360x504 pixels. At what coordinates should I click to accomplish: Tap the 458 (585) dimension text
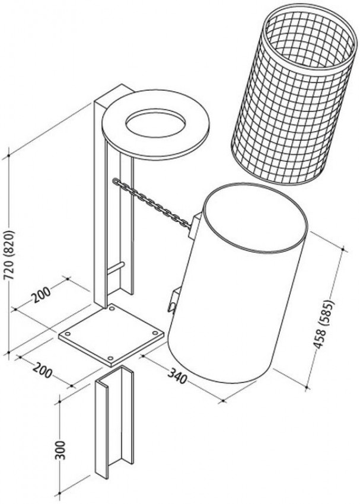[x=324, y=325]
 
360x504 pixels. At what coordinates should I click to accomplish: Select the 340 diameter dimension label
[x=177, y=375]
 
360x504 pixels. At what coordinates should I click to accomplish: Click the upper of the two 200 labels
[x=42, y=295]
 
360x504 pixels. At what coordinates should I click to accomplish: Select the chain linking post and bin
[x=151, y=203]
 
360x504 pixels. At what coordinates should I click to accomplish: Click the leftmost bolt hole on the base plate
[x=68, y=333]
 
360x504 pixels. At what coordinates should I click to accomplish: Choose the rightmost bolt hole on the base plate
[x=155, y=333]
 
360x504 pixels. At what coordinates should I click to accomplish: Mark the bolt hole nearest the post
[x=111, y=309]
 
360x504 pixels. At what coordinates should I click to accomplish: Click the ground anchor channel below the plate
[x=114, y=422]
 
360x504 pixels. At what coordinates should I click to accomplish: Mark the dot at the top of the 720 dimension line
[x=9, y=155]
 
